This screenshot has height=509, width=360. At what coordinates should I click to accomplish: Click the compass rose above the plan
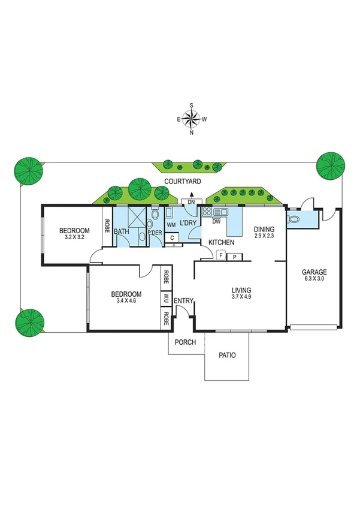(x=192, y=119)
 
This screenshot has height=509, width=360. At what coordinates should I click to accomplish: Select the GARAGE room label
(x=314, y=272)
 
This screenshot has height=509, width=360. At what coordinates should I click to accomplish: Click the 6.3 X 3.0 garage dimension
(x=314, y=279)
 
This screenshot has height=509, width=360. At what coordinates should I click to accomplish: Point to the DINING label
(x=264, y=229)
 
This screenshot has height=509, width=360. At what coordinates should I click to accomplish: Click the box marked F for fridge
(x=221, y=256)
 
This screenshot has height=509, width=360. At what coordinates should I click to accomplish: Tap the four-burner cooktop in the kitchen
(x=207, y=211)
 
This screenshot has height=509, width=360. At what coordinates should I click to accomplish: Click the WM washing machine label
(x=171, y=225)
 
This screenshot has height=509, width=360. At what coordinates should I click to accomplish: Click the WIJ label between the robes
(x=165, y=297)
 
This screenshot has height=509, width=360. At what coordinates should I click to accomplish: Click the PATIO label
(x=226, y=355)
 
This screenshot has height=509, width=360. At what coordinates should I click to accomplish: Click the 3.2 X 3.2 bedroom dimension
(x=74, y=238)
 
